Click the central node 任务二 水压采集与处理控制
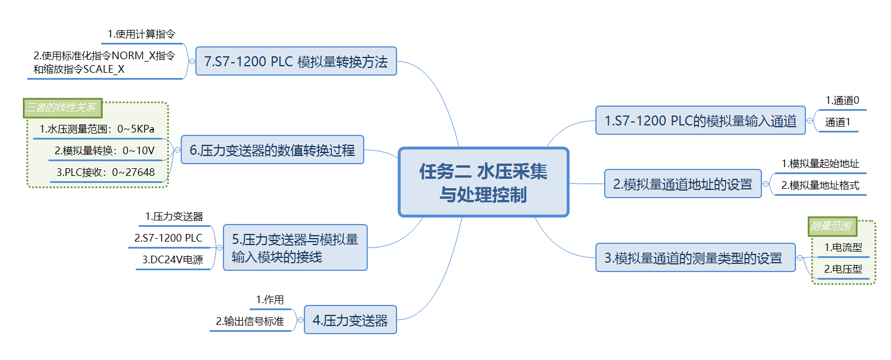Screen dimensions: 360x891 483,182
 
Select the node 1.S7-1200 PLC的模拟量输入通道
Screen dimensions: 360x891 700,121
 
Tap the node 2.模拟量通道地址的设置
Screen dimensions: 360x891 683,184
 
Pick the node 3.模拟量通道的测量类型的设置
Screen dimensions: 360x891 696,257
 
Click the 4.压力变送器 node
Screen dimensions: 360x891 350,320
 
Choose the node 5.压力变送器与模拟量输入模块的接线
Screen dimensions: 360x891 295,247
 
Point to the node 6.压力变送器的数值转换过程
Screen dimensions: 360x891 272,150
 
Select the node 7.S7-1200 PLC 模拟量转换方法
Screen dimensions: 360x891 296,61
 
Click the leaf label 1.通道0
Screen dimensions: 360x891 842,100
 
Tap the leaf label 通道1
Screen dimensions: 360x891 838,123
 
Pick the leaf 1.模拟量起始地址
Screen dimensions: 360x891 820,164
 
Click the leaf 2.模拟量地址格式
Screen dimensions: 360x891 820,186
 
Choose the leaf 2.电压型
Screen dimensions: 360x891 843,270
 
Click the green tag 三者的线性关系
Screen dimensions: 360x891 63,108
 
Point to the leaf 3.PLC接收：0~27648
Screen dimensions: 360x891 106,172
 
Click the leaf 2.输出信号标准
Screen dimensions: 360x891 250,321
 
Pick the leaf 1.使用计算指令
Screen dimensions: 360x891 141,35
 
